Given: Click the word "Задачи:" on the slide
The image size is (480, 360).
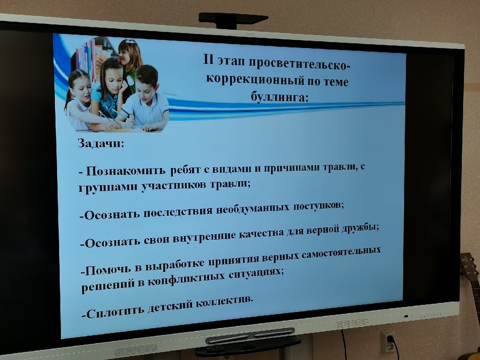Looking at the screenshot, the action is [x=101, y=143].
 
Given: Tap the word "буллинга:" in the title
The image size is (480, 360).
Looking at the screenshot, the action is [x=279, y=97].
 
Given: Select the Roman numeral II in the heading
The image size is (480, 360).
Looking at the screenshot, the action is [x=208, y=60].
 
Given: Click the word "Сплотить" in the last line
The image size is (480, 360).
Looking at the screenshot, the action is [x=115, y=312].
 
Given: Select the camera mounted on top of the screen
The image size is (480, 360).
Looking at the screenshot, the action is [x=233, y=20].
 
